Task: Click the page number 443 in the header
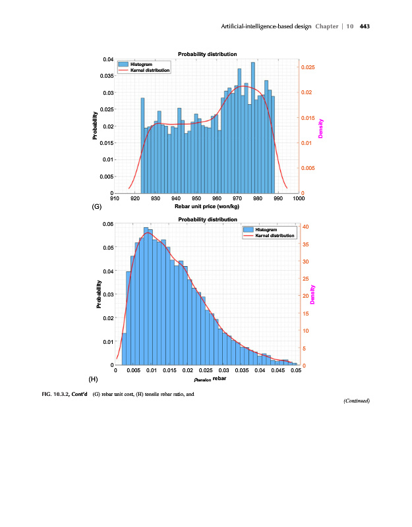(364, 26)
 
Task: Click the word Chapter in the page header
(326, 26)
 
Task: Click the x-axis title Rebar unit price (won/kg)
(207, 206)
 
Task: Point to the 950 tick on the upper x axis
(196, 198)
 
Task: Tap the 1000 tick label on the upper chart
(299, 198)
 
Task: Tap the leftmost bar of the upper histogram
(142, 145)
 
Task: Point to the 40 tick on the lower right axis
(305, 227)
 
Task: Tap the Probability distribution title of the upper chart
(207, 54)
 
